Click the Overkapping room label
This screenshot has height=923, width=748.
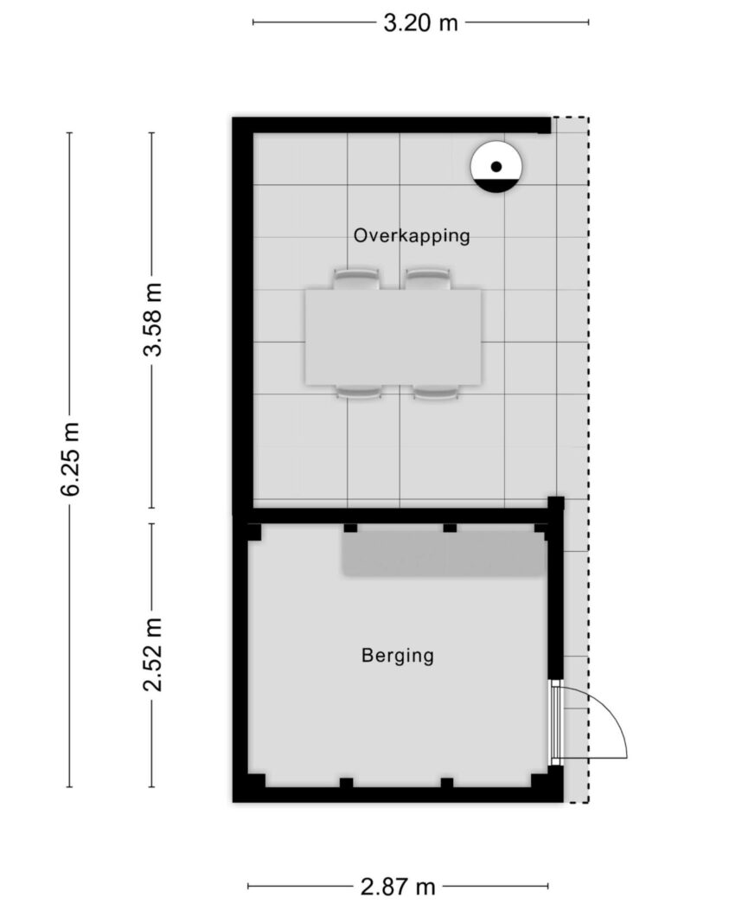[412, 235]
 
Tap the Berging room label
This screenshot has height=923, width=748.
[397, 655]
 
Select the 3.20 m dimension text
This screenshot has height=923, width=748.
[420, 23]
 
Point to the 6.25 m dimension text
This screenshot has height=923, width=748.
[71, 459]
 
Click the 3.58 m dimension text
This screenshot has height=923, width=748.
[152, 320]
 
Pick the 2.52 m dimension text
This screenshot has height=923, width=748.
[152, 654]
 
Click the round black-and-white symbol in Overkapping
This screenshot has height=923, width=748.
[496, 167]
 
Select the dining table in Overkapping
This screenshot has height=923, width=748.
[393, 337]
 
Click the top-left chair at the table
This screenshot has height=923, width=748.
[356, 279]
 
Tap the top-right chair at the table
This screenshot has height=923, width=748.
[428, 279]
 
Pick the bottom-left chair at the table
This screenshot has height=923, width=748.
[359, 393]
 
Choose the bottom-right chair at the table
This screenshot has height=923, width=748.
[436, 393]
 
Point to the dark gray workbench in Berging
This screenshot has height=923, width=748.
[444, 554]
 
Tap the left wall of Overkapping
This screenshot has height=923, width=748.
[242, 315]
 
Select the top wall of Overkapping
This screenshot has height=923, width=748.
[392, 125]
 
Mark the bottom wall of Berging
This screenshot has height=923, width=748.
[398, 795]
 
